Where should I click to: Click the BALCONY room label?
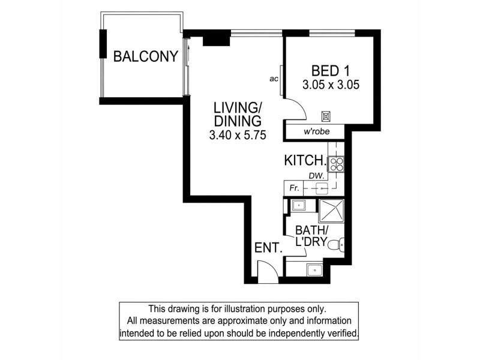point(146,57)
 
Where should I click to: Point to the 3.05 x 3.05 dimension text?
point(331,85)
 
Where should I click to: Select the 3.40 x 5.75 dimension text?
point(237,136)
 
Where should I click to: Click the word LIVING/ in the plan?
point(238,108)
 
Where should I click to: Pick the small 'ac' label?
point(274,79)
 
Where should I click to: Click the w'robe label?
point(314,131)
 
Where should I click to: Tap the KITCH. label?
point(305,161)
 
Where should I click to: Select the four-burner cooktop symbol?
point(336,163)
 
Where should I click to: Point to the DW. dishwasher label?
point(317,176)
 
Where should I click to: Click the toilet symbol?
point(340,244)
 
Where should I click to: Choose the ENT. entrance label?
point(268,248)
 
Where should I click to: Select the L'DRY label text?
point(311,244)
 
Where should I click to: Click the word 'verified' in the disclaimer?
point(341,332)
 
